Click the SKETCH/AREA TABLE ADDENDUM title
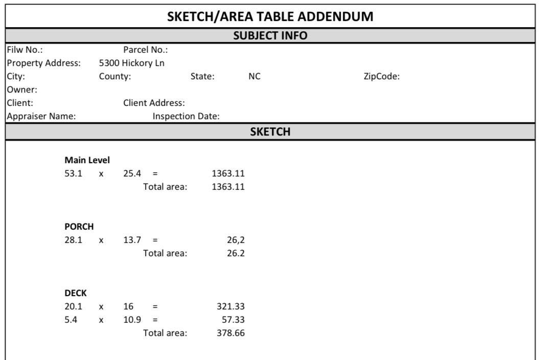tap(270, 16)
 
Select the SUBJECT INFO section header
tap(270, 36)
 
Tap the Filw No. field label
tap(25, 50)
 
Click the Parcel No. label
tap(146, 50)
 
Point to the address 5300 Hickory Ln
tap(132, 63)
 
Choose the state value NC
tap(254, 76)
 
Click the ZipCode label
tap(381, 76)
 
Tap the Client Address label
tap(154, 103)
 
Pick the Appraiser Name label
tap(41, 116)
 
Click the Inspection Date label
tap(186, 116)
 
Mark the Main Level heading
tap(87, 160)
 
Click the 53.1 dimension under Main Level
tap(73, 173)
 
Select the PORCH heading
tap(79, 227)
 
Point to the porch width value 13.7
tap(132, 240)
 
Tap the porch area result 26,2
tap(236, 240)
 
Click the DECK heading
tap(76, 293)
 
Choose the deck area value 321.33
tap(230, 306)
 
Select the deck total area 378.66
tap(230, 333)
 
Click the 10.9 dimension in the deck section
tap(132, 320)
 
